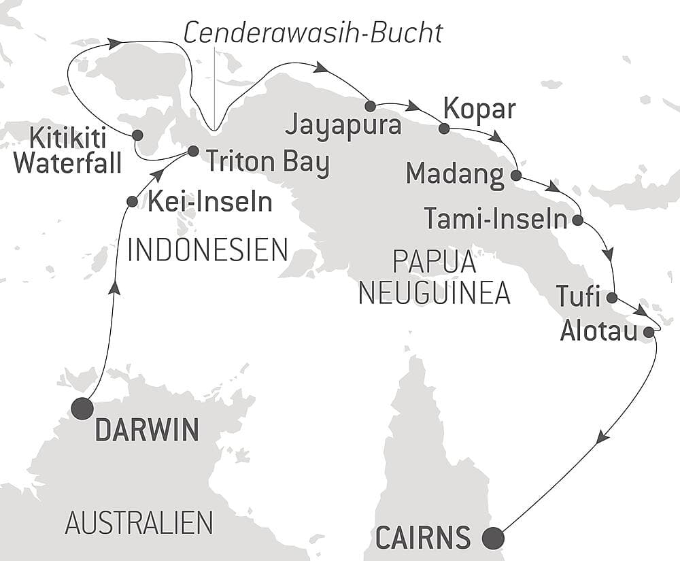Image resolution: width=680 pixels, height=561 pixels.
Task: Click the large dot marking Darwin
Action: (x=82, y=409)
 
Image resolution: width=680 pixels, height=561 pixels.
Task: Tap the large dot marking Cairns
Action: (x=493, y=538)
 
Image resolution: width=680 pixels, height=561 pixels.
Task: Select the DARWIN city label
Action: (x=147, y=430)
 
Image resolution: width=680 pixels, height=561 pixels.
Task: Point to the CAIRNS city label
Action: (x=422, y=538)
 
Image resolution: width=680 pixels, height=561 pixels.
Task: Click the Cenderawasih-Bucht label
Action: (x=313, y=33)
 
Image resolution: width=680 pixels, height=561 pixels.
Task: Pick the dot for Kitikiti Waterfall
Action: (x=137, y=135)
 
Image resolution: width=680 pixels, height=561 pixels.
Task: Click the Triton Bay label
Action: (x=267, y=163)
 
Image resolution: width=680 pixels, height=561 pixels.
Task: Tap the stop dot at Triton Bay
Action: (x=192, y=151)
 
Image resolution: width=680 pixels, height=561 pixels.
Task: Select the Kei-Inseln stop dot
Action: (x=133, y=201)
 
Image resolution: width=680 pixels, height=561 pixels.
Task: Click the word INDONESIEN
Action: (x=208, y=250)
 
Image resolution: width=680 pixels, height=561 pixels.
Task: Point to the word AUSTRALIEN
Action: (x=139, y=523)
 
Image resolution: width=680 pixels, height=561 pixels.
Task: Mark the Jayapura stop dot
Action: (x=370, y=106)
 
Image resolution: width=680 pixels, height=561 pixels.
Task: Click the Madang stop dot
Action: (x=515, y=175)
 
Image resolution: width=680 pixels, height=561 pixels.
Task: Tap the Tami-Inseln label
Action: (x=495, y=219)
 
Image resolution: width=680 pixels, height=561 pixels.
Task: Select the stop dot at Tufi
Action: (x=611, y=297)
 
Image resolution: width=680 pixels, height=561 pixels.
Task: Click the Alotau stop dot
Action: (x=648, y=332)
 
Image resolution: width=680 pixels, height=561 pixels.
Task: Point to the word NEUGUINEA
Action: (x=434, y=293)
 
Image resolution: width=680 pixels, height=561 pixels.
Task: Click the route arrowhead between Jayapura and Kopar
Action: (x=413, y=106)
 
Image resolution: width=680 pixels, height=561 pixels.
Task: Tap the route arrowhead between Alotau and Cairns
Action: (x=601, y=439)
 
